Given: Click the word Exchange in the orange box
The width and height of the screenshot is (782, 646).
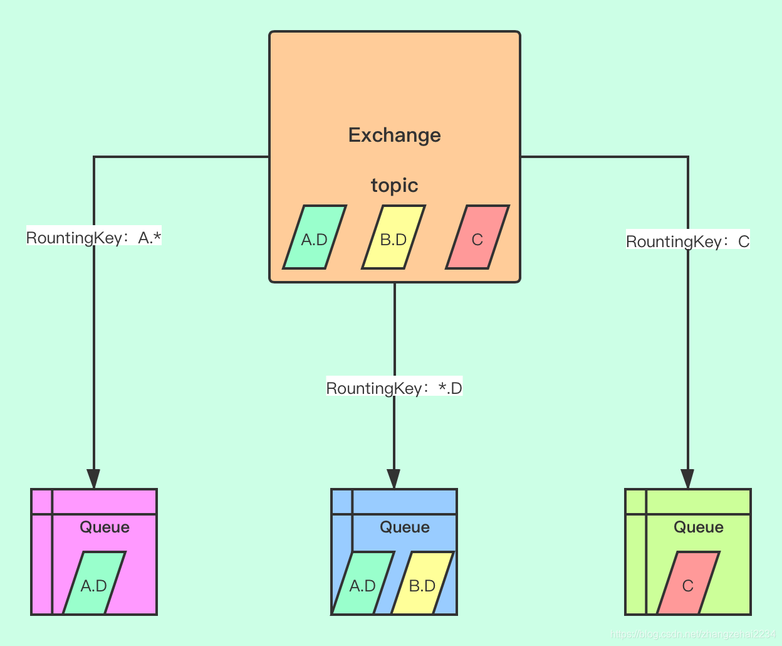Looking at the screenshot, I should (394, 135).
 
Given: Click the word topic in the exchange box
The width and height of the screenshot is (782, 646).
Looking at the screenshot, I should (394, 186).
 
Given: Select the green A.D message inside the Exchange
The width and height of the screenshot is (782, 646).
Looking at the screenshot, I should (315, 238).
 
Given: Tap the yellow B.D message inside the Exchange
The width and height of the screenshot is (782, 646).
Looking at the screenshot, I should (394, 238).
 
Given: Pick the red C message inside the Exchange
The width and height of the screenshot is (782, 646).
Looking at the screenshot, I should (477, 238).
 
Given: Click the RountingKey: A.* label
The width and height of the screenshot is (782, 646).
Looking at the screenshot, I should (94, 238).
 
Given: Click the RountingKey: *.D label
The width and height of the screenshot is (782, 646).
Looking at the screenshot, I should (394, 388).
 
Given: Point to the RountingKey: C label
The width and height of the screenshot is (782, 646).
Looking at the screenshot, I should (687, 241).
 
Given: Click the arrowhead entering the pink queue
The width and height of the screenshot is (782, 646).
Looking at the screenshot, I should (93, 479).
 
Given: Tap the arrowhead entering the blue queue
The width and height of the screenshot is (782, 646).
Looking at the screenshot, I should (394, 479).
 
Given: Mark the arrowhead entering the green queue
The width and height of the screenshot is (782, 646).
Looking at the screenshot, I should (687, 479).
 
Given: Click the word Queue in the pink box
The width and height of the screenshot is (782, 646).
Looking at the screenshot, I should (105, 527).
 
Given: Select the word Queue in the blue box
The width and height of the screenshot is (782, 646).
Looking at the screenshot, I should (405, 527).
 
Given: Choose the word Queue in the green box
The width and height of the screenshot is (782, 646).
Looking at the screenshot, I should (699, 527).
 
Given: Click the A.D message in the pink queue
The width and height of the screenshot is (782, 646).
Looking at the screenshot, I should (94, 584).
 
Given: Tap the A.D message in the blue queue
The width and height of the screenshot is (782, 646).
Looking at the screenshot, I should (362, 584).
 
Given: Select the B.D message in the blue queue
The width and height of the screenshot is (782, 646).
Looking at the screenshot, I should (422, 584).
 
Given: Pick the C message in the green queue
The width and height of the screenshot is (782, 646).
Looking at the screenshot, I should (687, 584).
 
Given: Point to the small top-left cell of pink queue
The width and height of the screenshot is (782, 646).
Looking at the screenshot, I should (41, 501).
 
